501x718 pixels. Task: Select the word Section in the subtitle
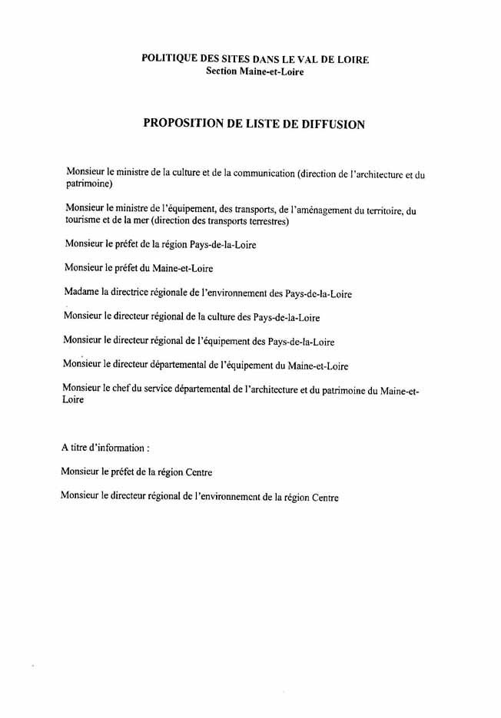click(224, 71)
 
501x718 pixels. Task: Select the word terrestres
click(264, 223)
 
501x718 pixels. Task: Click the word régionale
click(184, 293)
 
